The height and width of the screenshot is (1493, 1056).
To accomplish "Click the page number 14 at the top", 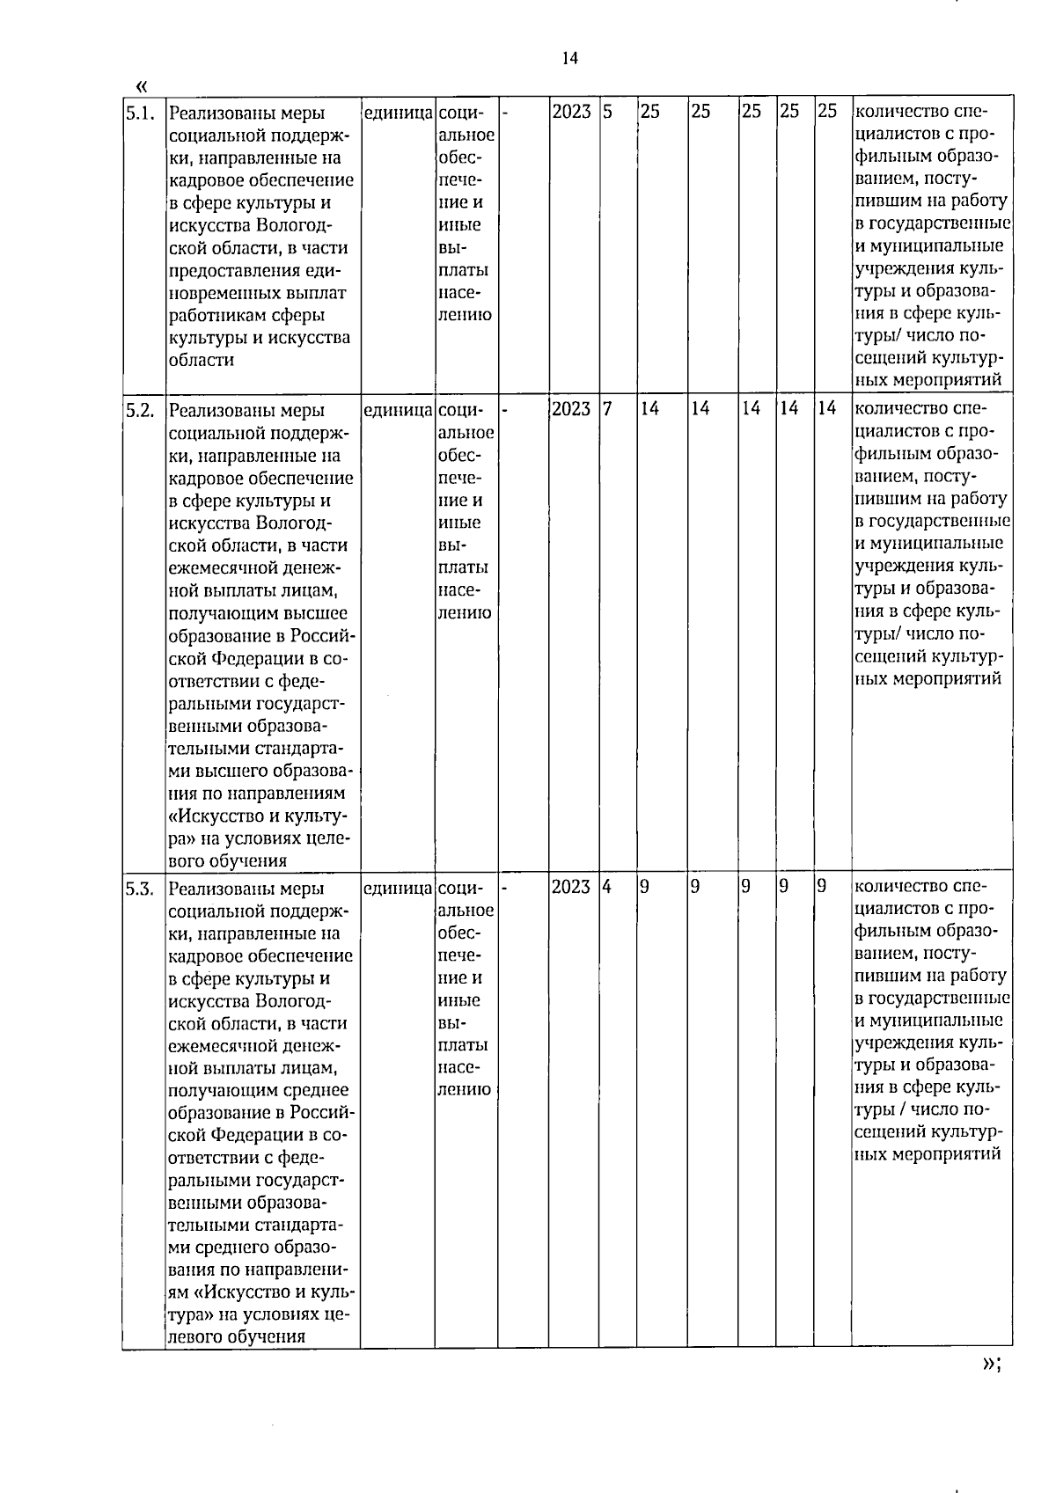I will pos(569,59).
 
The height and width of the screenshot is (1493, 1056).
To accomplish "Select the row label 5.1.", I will pos(140,113).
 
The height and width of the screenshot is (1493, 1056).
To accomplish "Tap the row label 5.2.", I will pos(140,410).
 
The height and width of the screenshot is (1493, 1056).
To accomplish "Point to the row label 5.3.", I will pos(140,888).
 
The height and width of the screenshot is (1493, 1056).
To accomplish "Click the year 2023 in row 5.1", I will pos(571,112).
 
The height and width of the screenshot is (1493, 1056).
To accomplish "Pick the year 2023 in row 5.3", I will pos(571,887).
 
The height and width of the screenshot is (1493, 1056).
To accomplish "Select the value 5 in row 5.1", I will pos(607,112).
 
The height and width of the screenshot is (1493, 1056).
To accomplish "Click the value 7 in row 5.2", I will pos(607,409).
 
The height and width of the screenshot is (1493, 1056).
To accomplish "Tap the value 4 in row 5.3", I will pos(607,887).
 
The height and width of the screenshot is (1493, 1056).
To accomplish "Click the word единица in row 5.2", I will pos(398,410).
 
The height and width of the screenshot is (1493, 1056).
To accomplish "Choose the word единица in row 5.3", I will pos(398,888).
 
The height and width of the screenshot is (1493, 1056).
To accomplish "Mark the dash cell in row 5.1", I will pos(505,113).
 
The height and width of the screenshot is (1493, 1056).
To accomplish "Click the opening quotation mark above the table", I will pos(143,85).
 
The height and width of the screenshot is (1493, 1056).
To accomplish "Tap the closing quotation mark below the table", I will pos(988,1387).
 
